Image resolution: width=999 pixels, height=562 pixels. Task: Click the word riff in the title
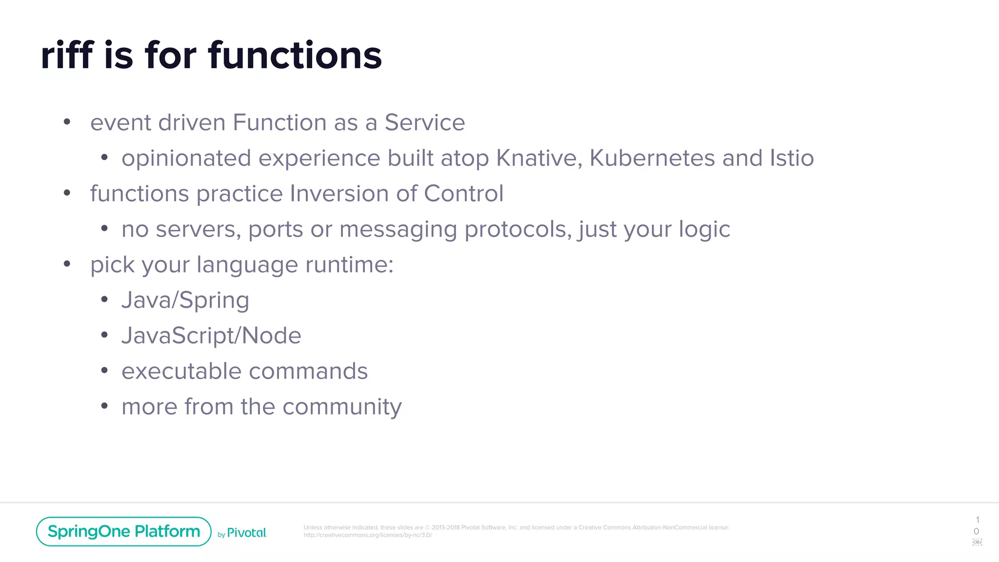coord(67,55)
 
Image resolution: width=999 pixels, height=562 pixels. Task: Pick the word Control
coord(463,194)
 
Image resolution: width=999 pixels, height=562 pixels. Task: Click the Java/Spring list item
coord(185,301)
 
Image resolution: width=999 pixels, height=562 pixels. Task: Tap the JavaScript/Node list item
coord(211,336)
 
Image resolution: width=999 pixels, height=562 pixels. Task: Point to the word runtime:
coord(349,265)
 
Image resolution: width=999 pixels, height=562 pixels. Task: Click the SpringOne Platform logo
coord(123,531)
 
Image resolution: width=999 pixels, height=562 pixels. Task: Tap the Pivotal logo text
coord(247,533)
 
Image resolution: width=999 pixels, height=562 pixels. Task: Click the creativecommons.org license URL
coord(367,535)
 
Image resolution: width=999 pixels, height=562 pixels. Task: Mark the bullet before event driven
coord(67,122)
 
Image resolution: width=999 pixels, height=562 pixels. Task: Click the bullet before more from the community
coord(104,406)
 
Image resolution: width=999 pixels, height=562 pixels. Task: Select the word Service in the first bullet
coord(424,122)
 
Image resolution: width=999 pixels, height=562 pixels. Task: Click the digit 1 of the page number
coord(977,520)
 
